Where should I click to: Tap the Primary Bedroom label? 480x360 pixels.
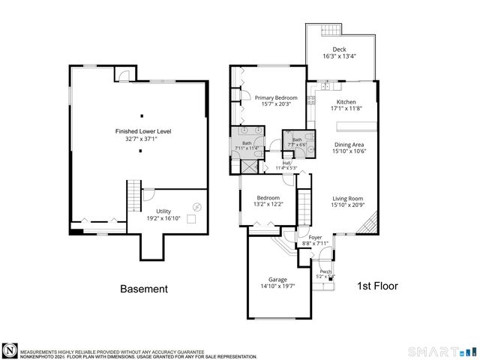(275, 97)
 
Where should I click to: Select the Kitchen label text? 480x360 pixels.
(346, 102)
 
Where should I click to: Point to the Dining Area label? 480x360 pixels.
(348, 145)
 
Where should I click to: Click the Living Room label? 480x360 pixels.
(348, 199)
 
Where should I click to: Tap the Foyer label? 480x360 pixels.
(315, 237)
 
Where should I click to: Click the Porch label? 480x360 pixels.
(325, 271)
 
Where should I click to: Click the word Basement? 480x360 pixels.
(144, 289)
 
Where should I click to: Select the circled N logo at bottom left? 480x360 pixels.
(9, 350)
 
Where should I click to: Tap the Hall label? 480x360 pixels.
(286, 163)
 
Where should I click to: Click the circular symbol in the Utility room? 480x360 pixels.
(197, 207)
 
